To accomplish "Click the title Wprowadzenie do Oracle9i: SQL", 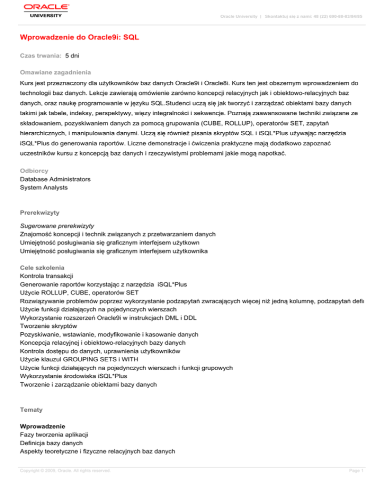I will pos(79,37).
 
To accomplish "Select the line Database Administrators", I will pos(55,179).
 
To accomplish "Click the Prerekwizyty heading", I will pos(39,212).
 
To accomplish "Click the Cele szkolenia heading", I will pos(42,267).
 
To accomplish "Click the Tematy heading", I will pos(31,410).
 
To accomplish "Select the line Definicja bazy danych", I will pos(52,443).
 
